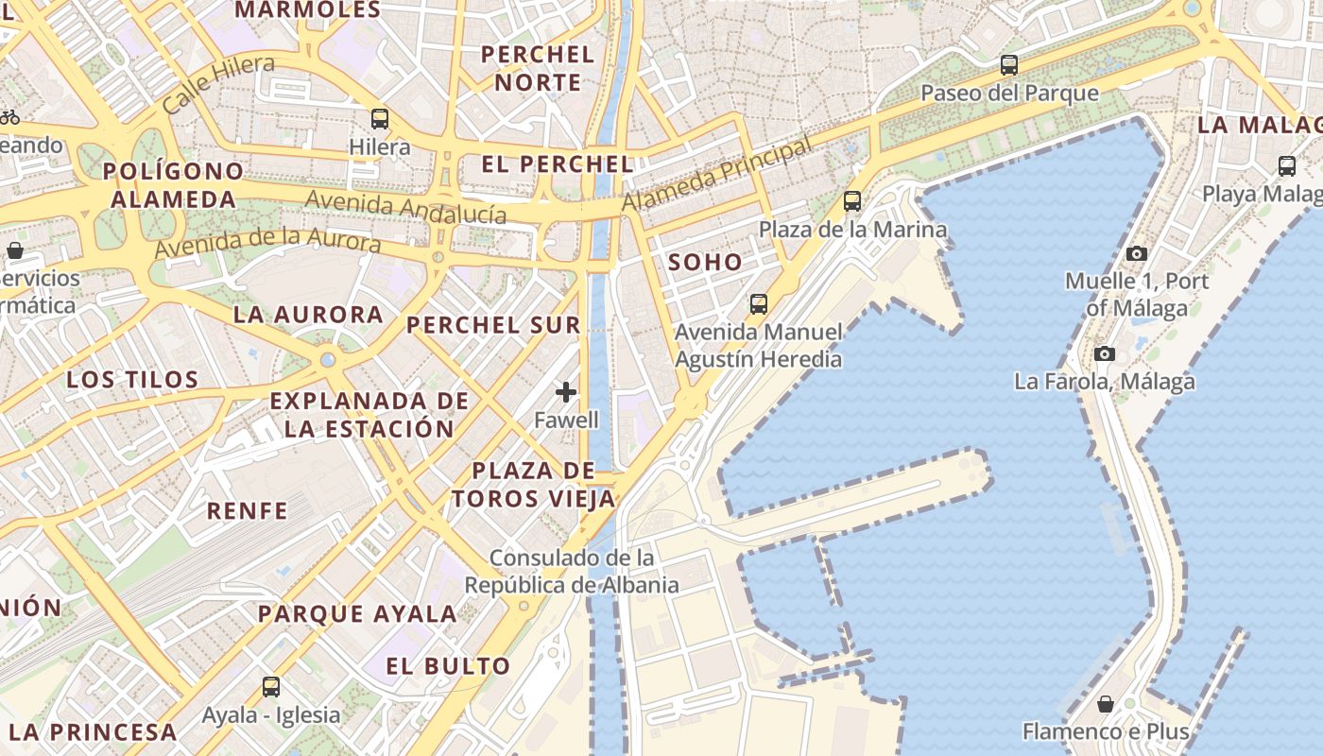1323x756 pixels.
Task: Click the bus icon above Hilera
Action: click(x=380, y=119)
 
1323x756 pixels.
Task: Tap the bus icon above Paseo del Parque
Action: click(x=1009, y=65)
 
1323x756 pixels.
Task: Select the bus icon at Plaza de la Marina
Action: click(x=852, y=201)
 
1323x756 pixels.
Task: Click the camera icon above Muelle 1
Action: click(x=1137, y=253)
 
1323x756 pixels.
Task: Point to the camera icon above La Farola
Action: click(x=1104, y=354)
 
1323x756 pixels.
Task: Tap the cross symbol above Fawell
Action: click(x=566, y=392)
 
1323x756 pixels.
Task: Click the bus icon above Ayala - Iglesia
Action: click(x=271, y=687)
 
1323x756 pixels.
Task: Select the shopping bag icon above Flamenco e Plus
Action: click(x=1106, y=704)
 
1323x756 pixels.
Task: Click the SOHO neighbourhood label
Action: click(x=706, y=263)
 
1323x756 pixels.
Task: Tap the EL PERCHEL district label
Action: click(x=558, y=163)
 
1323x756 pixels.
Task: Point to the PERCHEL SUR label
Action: click(x=493, y=325)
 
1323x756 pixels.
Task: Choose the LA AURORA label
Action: click(x=308, y=315)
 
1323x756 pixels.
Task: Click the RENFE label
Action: click(x=248, y=511)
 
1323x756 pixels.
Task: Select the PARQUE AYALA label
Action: click(x=357, y=613)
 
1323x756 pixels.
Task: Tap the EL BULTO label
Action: click(x=448, y=665)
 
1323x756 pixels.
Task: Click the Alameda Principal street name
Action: click(x=717, y=175)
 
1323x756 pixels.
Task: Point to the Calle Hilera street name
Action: click(x=218, y=83)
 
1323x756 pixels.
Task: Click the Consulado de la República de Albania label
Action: click(x=572, y=571)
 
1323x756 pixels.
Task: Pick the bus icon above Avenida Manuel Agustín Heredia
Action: click(x=758, y=304)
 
